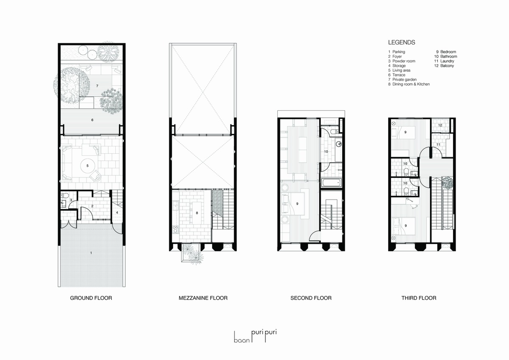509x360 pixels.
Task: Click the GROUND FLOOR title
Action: coord(91,298)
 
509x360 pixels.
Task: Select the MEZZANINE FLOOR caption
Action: coord(203,298)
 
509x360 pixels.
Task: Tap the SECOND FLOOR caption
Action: coord(311,298)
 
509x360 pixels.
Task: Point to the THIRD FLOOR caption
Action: coord(419,298)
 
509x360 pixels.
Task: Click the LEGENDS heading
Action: coord(402,42)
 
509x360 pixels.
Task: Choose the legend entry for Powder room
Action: coord(402,61)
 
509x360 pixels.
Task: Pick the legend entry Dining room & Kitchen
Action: coord(409,84)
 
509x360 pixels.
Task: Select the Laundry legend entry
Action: coord(444,61)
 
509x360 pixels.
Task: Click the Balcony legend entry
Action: coord(444,66)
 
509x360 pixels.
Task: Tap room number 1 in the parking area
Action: coord(91,253)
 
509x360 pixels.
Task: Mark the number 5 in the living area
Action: coord(87,166)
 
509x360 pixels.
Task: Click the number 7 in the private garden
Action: coord(97,86)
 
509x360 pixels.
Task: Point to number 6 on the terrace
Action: coord(92,120)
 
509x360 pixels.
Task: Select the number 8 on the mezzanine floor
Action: coord(197,213)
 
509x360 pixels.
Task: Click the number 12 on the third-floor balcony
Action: coord(440,125)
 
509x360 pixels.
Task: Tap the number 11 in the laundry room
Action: coord(438,144)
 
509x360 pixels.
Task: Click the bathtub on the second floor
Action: coord(332,183)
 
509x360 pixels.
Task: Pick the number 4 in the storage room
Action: coord(117,212)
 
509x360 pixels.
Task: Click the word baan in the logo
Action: coord(242,340)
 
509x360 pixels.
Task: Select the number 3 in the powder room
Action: coord(71,200)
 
